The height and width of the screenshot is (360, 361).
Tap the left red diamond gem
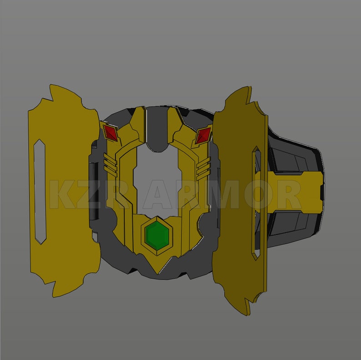click(110, 133)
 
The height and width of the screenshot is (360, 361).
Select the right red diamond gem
click(203, 135)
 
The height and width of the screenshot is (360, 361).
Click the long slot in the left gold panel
click(40, 192)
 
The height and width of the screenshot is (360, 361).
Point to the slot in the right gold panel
click(256, 203)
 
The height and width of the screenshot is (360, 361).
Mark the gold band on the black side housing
click(296, 191)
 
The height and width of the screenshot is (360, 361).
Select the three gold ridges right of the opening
click(204, 167)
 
